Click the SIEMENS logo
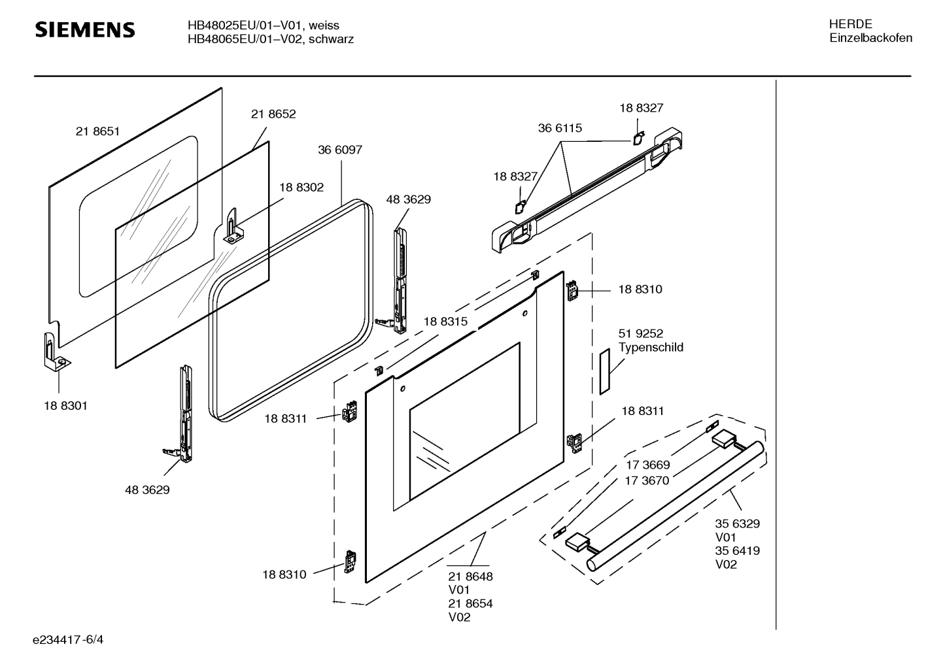(x=84, y=30)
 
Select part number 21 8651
(x=97, y=131)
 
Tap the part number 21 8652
(x=273, y=114)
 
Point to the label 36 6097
(x=340, y=150)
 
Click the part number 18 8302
(x=301, y=187)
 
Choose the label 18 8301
(x=65, y=405)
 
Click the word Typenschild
(x=651, y=347)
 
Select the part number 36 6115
(x=560, y=128)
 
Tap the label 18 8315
(x=445, y=321)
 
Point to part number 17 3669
(x=647, y=465)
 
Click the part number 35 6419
(x=737, y=550)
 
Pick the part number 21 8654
(x=470, y=603)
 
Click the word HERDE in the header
(x=850, y=24)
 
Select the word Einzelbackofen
(x=870, y=38)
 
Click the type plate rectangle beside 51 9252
(x=604, y=371)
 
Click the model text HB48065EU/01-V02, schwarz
(x=271, y=39)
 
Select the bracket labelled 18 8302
(x=231, y=226)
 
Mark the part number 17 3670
(x=647, y=480)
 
